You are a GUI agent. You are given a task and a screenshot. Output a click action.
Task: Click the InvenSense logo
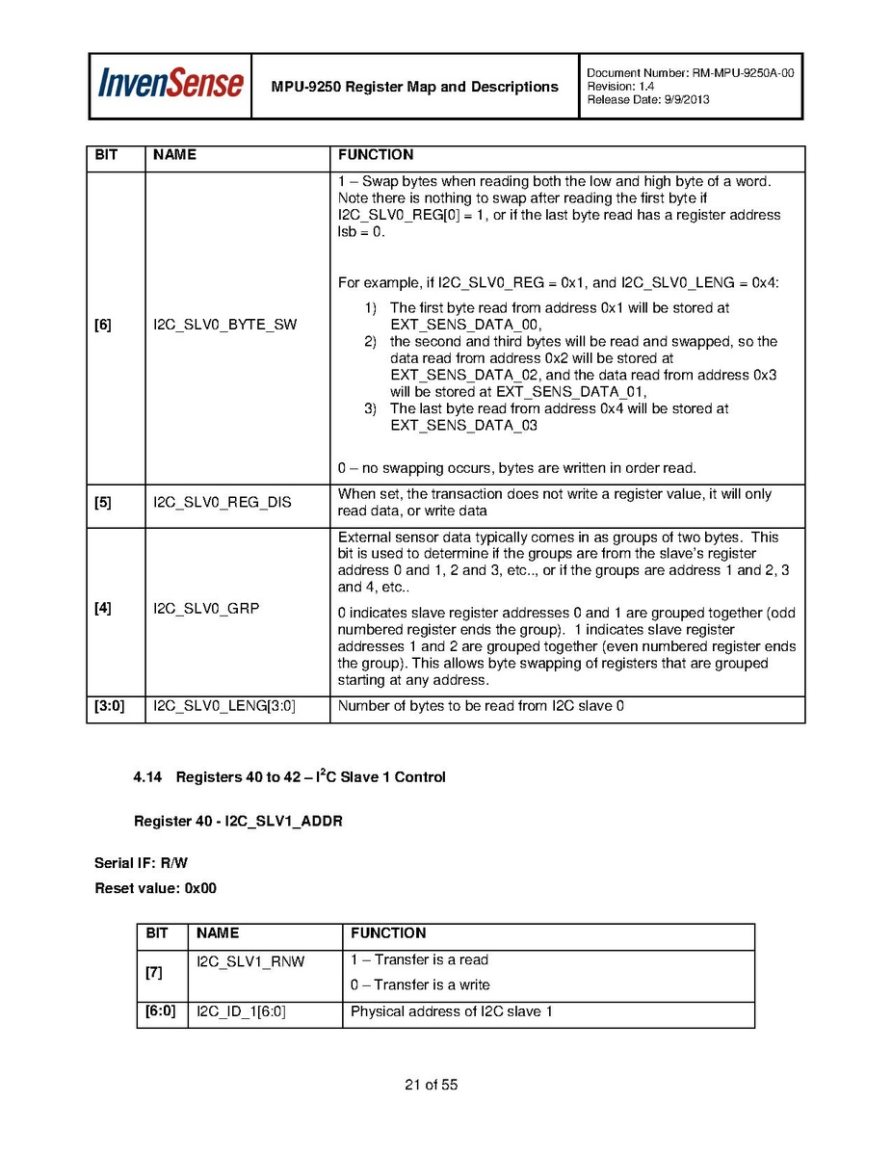pos(170,85)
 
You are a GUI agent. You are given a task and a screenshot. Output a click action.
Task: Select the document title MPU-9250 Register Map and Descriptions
pos(414,87)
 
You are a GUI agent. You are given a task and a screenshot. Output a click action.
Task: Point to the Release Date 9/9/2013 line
pos(647,100)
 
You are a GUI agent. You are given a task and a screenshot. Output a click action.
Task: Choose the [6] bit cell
pos(103,325)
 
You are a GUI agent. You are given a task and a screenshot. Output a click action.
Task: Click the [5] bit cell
pos(103,503)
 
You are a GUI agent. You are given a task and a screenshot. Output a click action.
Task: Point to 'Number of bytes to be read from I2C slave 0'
pos(481,707)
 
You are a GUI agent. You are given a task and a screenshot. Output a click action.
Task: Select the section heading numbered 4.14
pos(289,776)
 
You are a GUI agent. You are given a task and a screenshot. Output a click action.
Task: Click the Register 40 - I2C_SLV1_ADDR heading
pos(238,821)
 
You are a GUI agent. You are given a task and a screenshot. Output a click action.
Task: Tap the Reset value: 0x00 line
pos(155,888)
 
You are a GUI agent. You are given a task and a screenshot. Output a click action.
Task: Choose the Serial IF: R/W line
pos(141,863)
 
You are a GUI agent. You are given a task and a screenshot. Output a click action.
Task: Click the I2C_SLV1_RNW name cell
pos(250,961)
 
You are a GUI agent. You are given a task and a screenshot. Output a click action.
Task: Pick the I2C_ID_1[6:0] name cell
pos(241,1011)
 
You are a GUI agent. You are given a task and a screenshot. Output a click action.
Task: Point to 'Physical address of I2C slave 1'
pos(451,1011)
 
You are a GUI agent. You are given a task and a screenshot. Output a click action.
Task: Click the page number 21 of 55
pos(431,1085)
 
